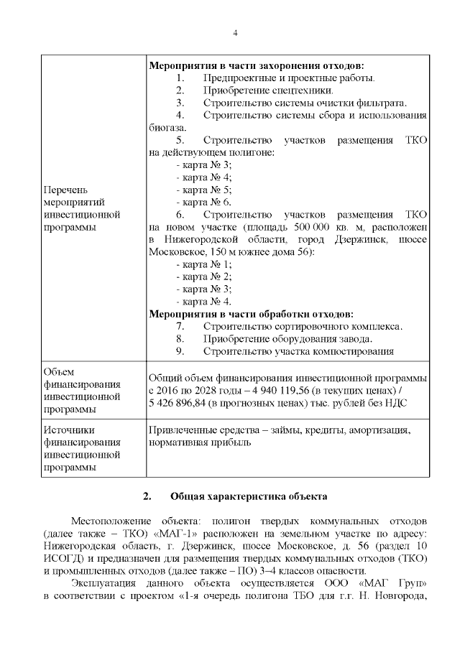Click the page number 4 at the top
pyautogui.click(x=234, y=32)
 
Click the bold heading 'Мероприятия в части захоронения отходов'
pyautogui.click(x=256, y=65)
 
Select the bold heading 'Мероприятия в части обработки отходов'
pyautogui.click(x=251, y=314)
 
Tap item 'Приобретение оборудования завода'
pyautogui.click(x=287, y=339)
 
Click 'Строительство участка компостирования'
pyautogui.click(x=298, y=351)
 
